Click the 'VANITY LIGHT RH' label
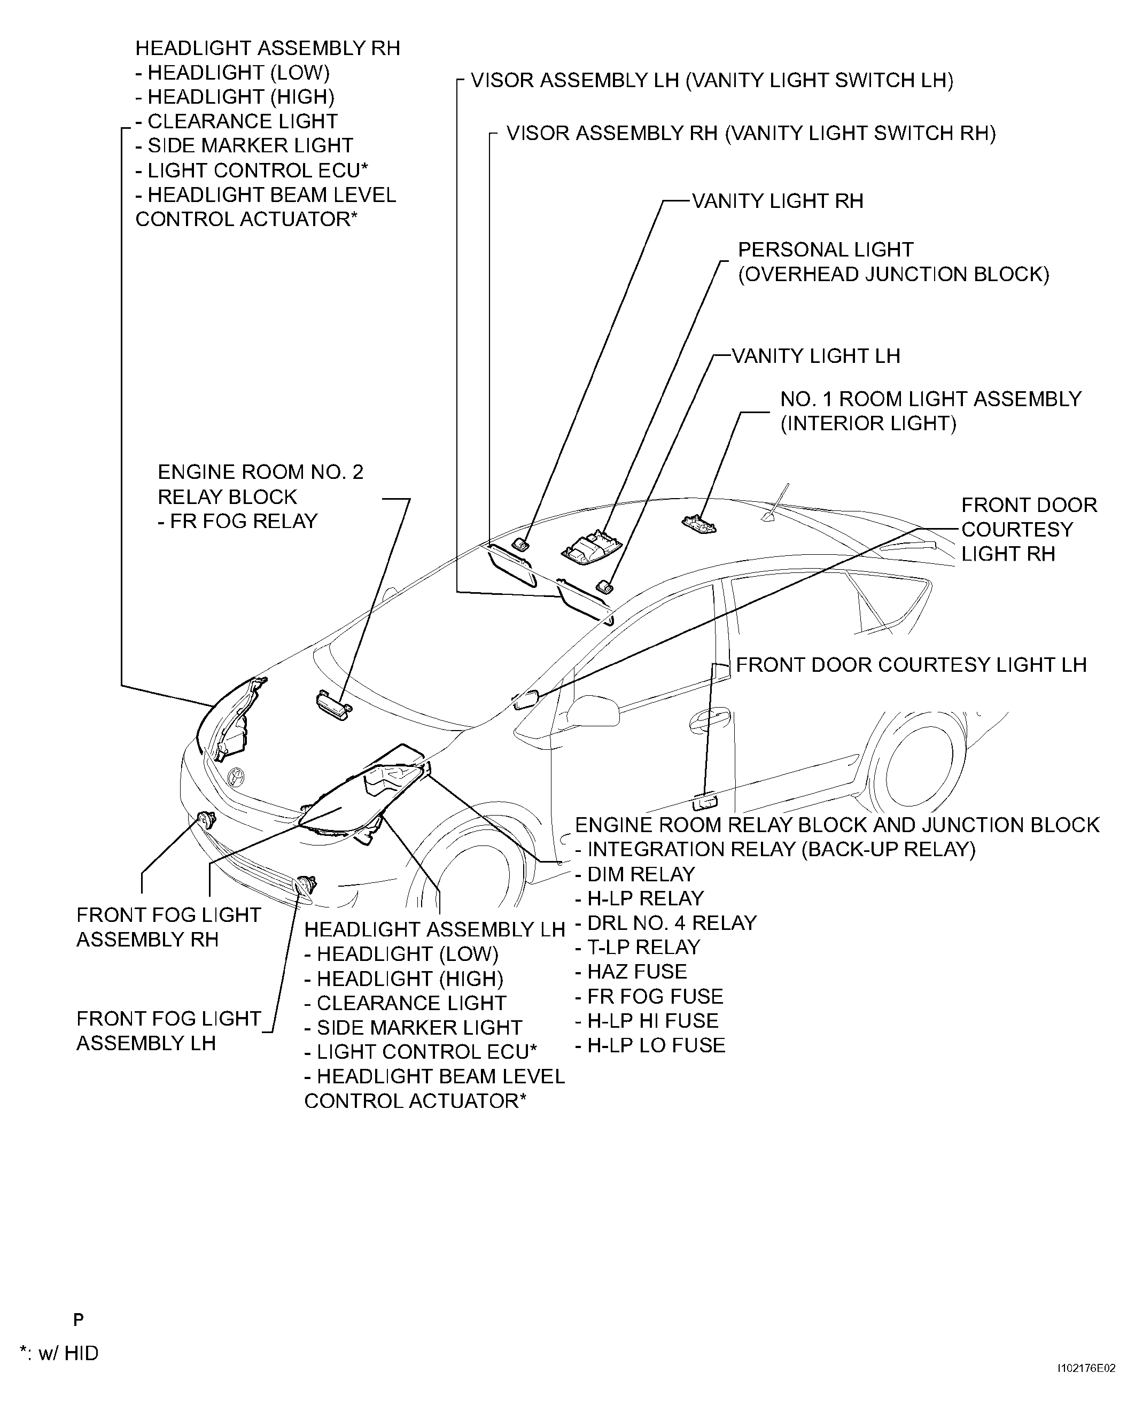778,201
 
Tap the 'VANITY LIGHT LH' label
815,356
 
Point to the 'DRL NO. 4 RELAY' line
666,923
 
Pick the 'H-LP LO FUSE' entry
650,1045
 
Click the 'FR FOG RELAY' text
237,521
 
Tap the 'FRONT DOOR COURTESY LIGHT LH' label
911,665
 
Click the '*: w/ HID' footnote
59,1352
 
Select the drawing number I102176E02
1086,1386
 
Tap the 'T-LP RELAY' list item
638,947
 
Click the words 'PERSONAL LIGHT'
825,250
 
